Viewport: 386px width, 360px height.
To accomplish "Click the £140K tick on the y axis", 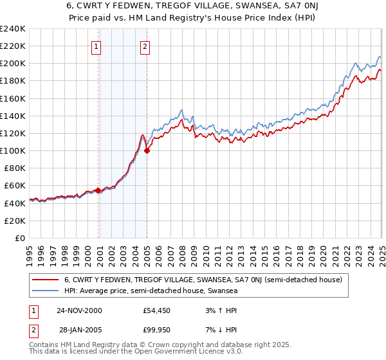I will [x=12, y=116].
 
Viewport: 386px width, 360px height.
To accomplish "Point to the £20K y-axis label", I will [x=15, y=221].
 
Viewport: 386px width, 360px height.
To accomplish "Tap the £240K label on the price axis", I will [x=12, y=29].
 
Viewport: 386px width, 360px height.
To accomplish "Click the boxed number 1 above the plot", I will [x=96, y=46].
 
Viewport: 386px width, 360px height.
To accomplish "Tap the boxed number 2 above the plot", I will [x=145, y=46].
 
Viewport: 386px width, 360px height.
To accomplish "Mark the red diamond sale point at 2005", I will [x=147, y=151].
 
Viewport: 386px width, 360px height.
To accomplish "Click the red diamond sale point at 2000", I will [x=98, y=190].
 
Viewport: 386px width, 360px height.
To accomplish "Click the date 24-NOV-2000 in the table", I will [x=79, y=310].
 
